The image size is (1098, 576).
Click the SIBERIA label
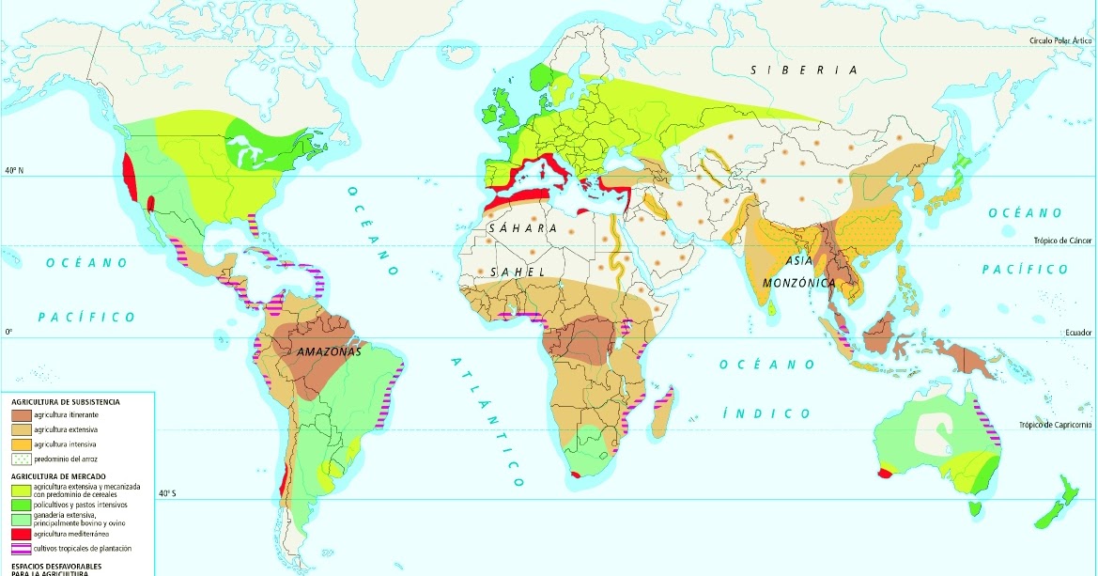(x=804, y=70)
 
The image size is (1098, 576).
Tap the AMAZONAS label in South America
(x=326, y=351)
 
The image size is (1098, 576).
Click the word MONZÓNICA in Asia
(x=798, y=282)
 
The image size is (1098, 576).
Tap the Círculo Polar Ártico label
(x=1062, y=41)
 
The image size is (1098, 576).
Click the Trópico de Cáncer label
(x=1064, y=241)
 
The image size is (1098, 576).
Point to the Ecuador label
(x=1077, y=333)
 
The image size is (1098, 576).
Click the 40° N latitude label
(x=13, y=171)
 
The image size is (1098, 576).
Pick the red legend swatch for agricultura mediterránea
(x=21, y=533)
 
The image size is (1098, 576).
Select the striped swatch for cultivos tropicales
(x=21, y=548)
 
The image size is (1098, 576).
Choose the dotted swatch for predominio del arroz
(x=21, y=459)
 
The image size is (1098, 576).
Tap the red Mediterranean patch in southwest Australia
(x=884, y=474)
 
